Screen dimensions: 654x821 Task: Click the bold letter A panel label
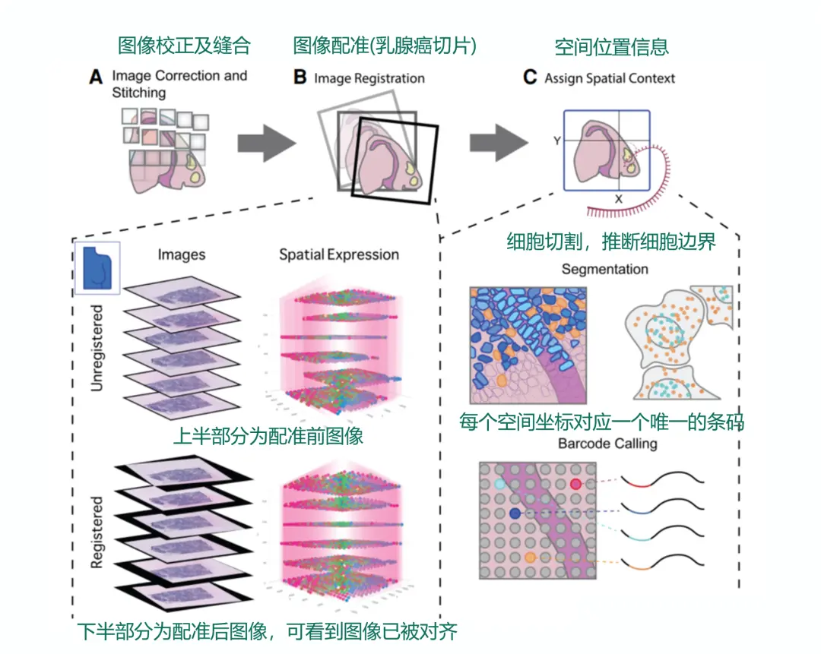(x=96, y=77)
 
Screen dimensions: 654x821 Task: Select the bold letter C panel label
(x=530, y=77)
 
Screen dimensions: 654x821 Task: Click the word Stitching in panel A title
(x=138, y=93)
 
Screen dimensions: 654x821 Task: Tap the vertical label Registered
(x=97, y=532)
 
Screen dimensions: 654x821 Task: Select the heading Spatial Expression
(x=338, y=254)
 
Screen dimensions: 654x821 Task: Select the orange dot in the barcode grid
(x=530, y=559)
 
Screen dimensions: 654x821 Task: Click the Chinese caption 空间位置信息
(x=612, y=47)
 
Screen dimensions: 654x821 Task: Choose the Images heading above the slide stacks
(x=181, y=255)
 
